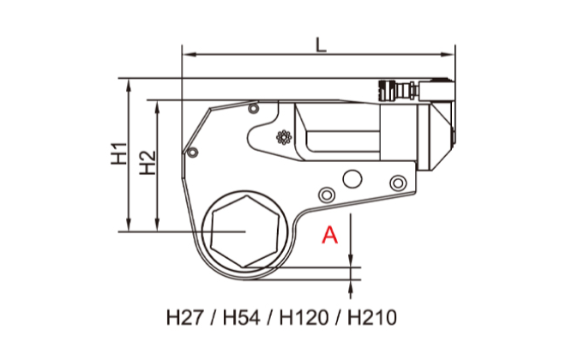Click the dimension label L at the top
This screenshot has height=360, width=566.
[319, 44]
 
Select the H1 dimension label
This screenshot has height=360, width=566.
[120, 153]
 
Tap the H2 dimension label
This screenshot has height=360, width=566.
[148, 162]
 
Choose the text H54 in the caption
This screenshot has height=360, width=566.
[241, 317]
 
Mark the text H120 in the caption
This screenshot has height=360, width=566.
[304, 317]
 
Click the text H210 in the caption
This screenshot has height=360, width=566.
[372, 317]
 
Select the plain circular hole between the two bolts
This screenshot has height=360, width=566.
[352, 178]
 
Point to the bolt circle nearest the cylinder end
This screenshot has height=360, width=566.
[395, 183]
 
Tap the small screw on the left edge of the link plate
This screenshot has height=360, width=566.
[193, 153]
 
